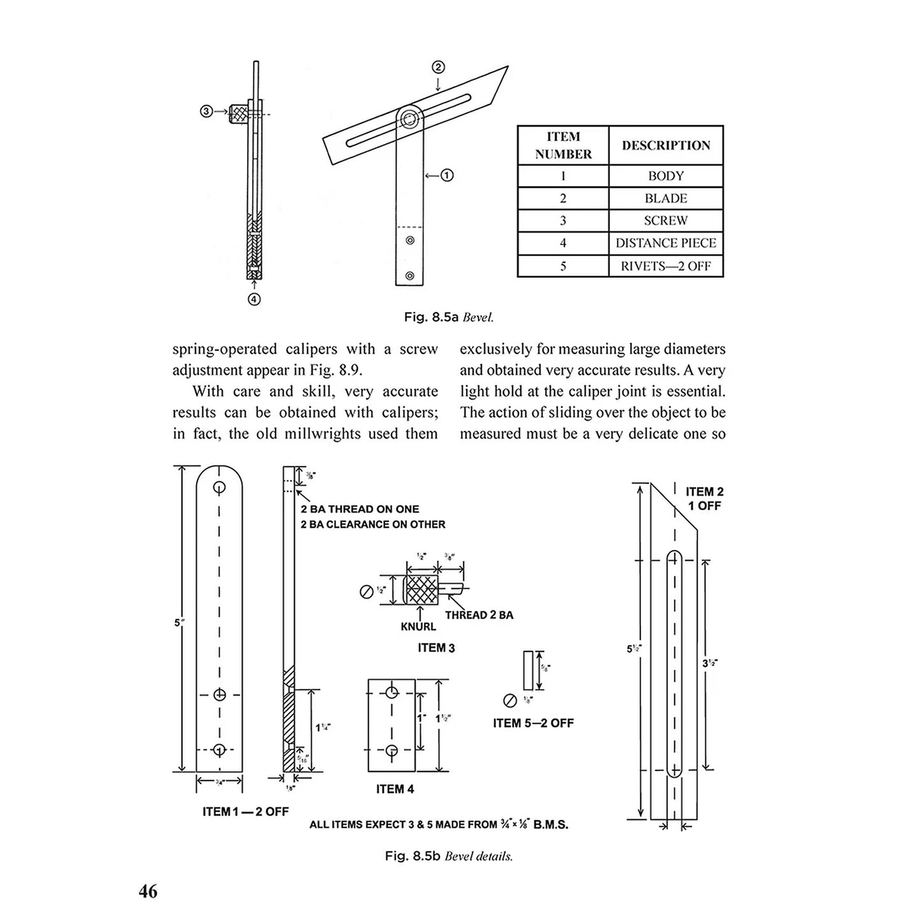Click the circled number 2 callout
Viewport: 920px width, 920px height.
438,67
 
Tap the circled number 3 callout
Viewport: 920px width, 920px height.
206,111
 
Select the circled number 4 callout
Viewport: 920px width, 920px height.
253,299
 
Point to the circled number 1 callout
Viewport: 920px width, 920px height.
447,175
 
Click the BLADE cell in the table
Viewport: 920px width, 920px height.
665,198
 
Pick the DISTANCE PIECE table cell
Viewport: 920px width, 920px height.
665,243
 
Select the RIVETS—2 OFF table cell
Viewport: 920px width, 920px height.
665,266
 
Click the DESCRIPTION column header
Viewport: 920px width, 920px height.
665,145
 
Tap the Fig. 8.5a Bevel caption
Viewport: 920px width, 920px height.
449,317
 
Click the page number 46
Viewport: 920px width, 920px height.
148,891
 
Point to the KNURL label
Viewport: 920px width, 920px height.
418,626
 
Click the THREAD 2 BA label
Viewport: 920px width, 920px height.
479,615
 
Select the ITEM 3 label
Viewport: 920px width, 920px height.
436,648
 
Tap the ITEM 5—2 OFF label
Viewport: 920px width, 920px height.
533,723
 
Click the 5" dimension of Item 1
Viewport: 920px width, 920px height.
178,623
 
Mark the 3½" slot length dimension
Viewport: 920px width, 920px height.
710,663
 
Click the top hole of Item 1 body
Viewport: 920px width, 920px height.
219,488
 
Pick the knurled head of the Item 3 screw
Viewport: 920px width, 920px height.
421,590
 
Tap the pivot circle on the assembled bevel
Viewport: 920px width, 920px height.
409,119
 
